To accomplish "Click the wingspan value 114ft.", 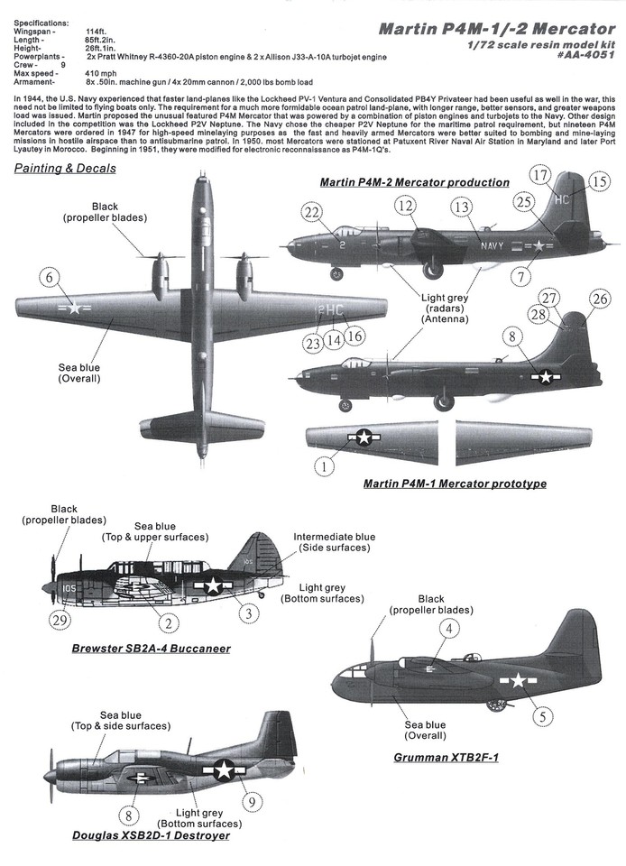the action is click(x=96, y=31).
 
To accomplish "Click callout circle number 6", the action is click(x=49, y=281).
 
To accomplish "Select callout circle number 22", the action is click(x=313, y=213).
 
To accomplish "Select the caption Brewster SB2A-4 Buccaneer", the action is click(x=151, y=648).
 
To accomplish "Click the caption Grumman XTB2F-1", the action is click(x=446, y=757).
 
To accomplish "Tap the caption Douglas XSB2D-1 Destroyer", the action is click(x=151, y=835).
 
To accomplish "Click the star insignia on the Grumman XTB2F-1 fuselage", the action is click(x=519, y=680).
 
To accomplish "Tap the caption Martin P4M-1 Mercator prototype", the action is click(x=455, y=484).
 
